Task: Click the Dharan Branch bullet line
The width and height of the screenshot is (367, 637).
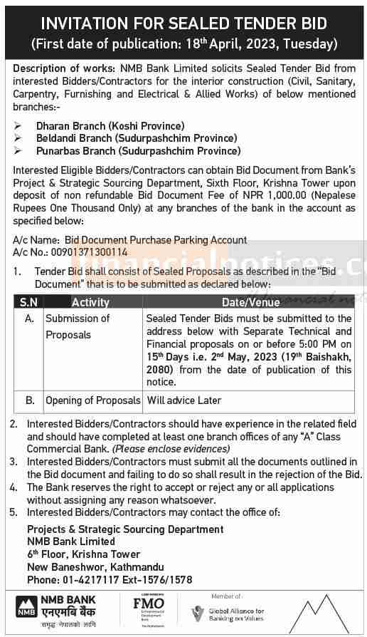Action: [x=110, y=126]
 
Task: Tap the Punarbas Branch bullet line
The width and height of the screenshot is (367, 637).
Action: [x=139, y=150]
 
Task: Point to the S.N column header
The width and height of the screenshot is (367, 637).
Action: [x=29, y=303]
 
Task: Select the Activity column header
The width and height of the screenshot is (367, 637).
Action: [x=90, y=303]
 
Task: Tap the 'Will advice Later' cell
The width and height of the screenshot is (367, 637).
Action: [x=184, y=400]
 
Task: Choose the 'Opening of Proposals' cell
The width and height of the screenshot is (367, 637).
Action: [x=92, y=400]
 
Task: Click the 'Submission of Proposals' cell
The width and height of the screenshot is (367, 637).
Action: [x=78, y=326]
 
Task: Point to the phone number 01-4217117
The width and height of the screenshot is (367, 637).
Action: [x=80, y=579]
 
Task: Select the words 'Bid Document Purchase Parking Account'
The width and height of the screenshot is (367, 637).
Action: [x=155, y=240]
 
